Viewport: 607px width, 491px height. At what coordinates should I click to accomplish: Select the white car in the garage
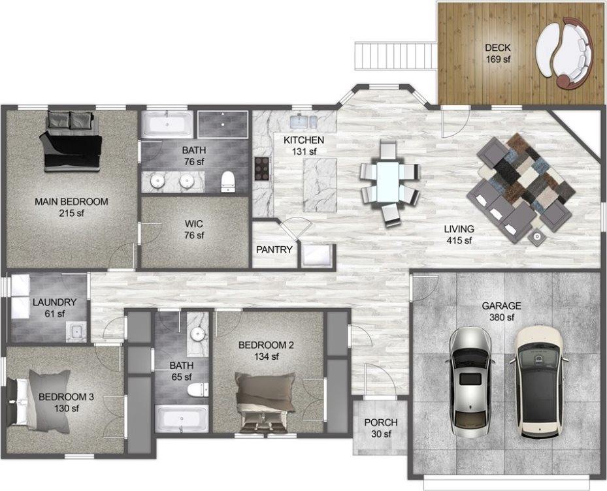click(538, 382)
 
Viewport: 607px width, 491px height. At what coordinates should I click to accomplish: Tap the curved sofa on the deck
click(566, 52)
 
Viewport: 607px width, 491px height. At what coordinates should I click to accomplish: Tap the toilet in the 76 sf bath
click(227, 181)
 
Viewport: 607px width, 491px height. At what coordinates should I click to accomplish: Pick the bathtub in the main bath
click(168, 124)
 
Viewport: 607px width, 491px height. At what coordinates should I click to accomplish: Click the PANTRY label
click(274, 249)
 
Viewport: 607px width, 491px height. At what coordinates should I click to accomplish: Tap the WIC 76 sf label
click(195, 229)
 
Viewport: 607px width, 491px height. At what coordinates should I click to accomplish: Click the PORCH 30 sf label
click(382, 428)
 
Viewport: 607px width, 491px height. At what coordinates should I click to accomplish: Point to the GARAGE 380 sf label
click(500, 311)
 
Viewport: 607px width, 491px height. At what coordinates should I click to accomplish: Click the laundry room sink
click(76, 331)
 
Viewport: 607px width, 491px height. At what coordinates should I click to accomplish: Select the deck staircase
click(395, 55)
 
